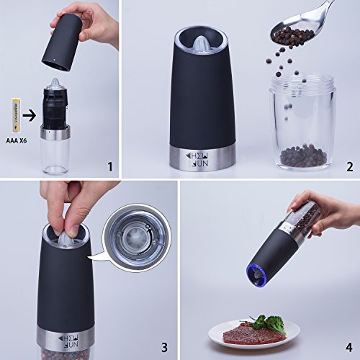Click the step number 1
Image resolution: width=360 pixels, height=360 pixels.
pyautogui.click(x=109, y=167)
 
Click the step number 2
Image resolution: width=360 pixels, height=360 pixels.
pyautogui.click(x=348, y=167)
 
